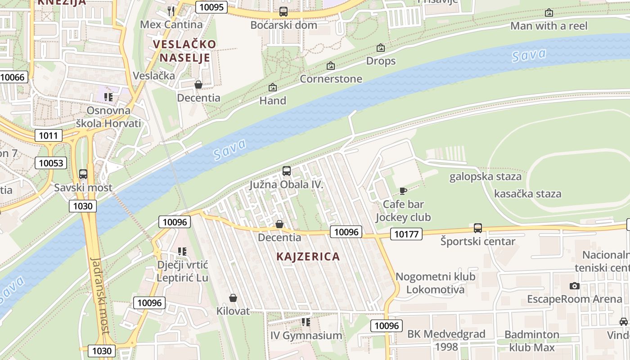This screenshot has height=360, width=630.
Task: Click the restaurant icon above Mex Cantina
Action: click(171, 10)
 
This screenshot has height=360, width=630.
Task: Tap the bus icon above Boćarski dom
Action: click(283, 12)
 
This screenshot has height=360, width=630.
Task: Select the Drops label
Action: click(381, 61)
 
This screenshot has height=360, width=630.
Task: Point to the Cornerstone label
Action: click(331, 79)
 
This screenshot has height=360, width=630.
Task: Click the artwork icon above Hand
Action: click(272, 87)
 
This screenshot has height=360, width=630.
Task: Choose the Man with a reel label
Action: click(549, 26)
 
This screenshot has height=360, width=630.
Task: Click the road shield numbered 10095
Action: click(211, 7)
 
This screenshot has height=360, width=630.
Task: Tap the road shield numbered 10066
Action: click(13, 77)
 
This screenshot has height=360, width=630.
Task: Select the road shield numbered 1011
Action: click(48, 135)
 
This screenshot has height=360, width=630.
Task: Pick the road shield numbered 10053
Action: click(51, 163)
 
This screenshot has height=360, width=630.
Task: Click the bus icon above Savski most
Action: click(83, 174)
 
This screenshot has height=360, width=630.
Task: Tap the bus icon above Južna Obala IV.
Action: click(286, 171)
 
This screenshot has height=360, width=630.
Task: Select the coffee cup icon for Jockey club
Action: click(403, 191)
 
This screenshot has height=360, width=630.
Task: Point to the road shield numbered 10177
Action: click(406, 234)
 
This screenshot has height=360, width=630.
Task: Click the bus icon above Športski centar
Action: click(477, 228)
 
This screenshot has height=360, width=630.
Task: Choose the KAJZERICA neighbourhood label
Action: click(308, 256)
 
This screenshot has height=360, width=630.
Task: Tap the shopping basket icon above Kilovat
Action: click(233, 298)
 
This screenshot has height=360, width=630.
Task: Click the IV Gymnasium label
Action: click(306, 335)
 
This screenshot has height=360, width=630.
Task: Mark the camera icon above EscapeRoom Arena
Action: click(574, 286)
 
